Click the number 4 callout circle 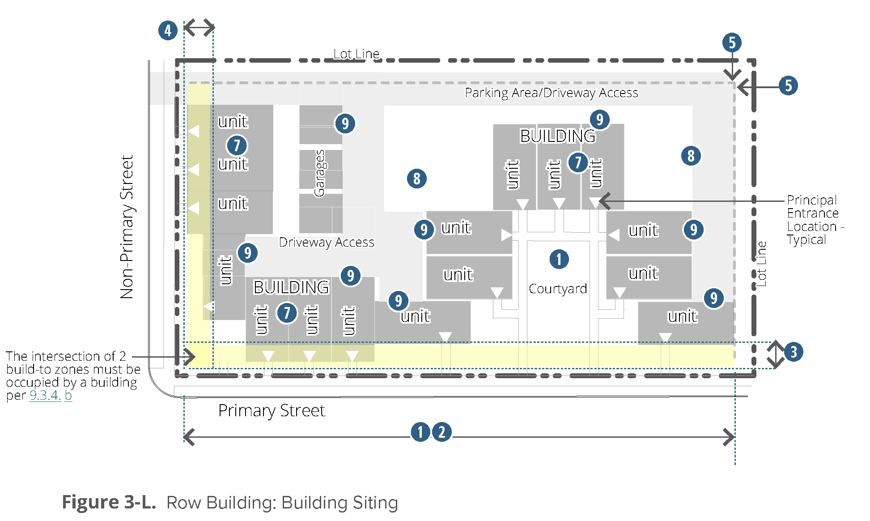coord(168,30)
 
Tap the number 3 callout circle coord(794,352)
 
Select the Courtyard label coord(558,289)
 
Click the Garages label coord(319,173)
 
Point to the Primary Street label coord(272,410)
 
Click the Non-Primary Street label coord(127,227)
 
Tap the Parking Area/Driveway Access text coord(552,93)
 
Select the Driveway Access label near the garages coord(327,242)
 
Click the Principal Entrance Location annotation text coord(815,220)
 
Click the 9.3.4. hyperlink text coord(45,395)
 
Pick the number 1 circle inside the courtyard coord(559,259)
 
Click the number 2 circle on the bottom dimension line coord(442,432)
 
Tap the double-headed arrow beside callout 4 coord(199,27)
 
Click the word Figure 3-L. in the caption coord(109,502)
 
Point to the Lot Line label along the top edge coord(356,54)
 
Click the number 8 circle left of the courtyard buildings coord(417,179)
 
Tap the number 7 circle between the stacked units coord(237,145)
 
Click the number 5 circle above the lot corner coord(732,43)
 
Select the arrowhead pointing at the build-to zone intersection coord(190,357)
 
